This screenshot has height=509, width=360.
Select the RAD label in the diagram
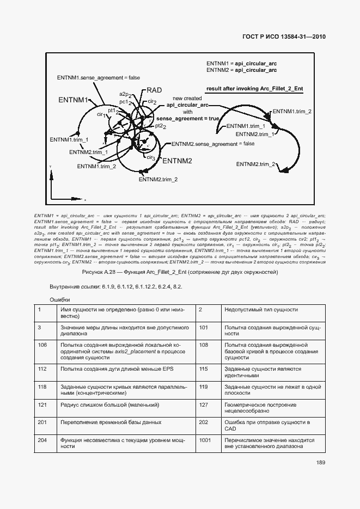(154, 91)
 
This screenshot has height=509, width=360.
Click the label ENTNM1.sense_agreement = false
(98, 78)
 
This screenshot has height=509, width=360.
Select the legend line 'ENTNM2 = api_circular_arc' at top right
(241, 70)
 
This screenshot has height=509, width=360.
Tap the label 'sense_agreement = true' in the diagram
(187, 118)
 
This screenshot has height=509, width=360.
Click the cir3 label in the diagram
(151, 157)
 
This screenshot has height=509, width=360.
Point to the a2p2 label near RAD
(126, 94)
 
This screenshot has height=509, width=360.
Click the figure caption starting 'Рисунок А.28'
(180, 272)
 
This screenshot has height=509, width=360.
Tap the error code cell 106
(42, 345)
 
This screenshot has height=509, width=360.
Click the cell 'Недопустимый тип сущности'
(260, 310)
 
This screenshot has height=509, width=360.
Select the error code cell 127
(204, 405)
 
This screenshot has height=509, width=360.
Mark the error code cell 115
(204, 369)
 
